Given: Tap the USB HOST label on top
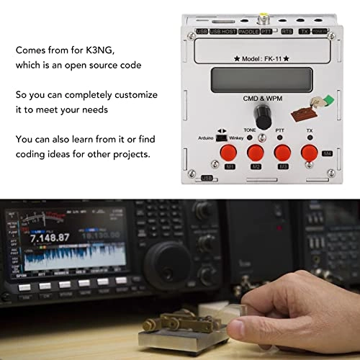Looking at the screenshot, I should click(x=222, y=32).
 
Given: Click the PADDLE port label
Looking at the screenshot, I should click(x=249, y=32).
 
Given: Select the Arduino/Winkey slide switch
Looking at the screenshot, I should click(x=223, y=137).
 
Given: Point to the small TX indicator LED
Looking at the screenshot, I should click(x=310, y=137).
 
